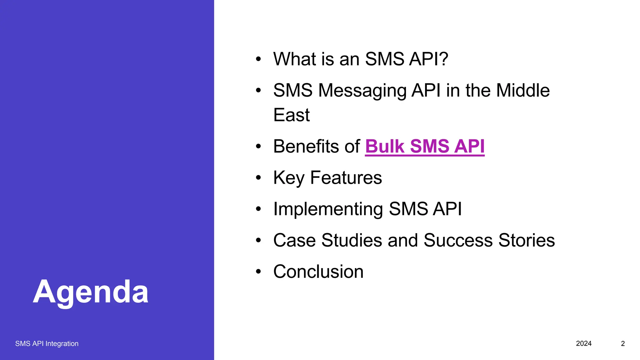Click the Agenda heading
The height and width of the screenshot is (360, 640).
pyautogui.click(x=91, y=292)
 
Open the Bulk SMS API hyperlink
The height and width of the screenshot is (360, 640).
pyautogui.click(x=425, y=146)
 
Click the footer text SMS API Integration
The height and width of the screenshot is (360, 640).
pyautogui.click(x=47, y=343)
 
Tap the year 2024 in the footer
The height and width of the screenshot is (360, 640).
pyautogui.click(x=583, y=343)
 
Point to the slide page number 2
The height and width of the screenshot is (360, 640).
pyautogui.click(x=622, y=343)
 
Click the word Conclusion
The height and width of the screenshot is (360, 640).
pyautogui.click(x=318, y=272)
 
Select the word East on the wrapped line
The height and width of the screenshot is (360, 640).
pyautogui.click(x=291, y=115)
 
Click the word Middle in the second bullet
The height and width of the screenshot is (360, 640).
pyautogui.click(x=522, y=90)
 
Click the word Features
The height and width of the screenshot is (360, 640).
pyautogui.click(x=346, y=177)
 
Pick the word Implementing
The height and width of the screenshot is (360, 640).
pyautogui.click(x=328, y=209)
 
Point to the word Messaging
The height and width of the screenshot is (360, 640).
pyautogui.click(x=362, y=91)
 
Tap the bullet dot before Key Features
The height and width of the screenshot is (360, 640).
pyautogui.click(x=258, y=178)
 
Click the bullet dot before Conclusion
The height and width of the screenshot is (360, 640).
pyautogui.click(x=258, y=272)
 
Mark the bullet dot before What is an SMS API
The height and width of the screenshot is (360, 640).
pyautogui.click(x=258, y=59)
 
